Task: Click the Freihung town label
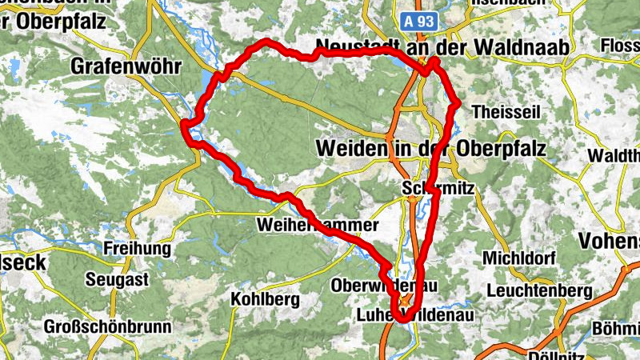point(138,249)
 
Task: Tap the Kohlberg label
point(264,300)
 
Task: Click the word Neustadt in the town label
point(357,47)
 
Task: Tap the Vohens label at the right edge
point(612,241)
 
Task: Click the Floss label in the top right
point(621,46)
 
